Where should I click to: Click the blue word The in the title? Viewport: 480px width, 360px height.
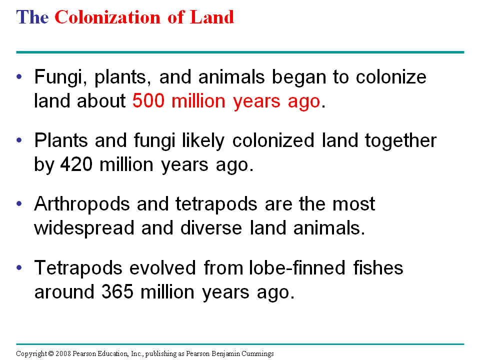click(x=32, y=17)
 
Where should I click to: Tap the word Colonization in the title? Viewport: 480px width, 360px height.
click(x=107, y=17)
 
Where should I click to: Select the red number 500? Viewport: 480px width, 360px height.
click(x=148, y=100)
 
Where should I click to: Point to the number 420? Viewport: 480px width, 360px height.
click(x=76, y=164)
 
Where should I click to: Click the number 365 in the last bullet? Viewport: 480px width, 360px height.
click(x=117, y=291)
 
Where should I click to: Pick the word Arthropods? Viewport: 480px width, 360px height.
click(x=82, y=204)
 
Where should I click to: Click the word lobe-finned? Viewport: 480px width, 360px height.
click(x=297, y=267)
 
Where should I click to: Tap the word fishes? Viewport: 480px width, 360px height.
click(x=378, y=267)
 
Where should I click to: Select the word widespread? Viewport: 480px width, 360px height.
click(x=84, y=228)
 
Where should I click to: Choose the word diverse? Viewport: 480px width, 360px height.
click(x=211, y=228)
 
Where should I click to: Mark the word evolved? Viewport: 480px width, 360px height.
click(x=162, y=267)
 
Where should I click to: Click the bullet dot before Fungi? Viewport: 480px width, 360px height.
click(x=19, y=76)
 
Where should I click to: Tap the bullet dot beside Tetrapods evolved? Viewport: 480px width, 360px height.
click(x=19, y=267)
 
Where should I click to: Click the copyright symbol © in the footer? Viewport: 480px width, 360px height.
click(x=51, y=353)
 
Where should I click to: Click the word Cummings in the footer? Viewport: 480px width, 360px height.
click(x=258, y=354)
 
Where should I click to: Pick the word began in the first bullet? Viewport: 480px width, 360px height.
click(x=299, y=77)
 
